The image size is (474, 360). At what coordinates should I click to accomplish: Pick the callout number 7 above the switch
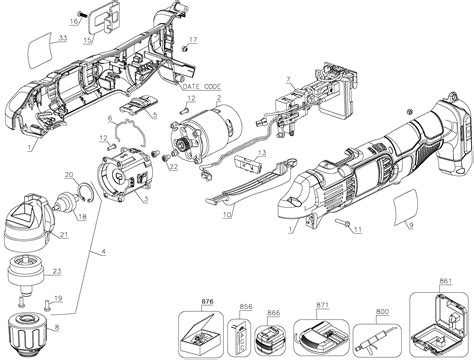[x=287, y=77]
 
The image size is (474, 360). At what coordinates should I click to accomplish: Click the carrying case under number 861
[x=439, y=324]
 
